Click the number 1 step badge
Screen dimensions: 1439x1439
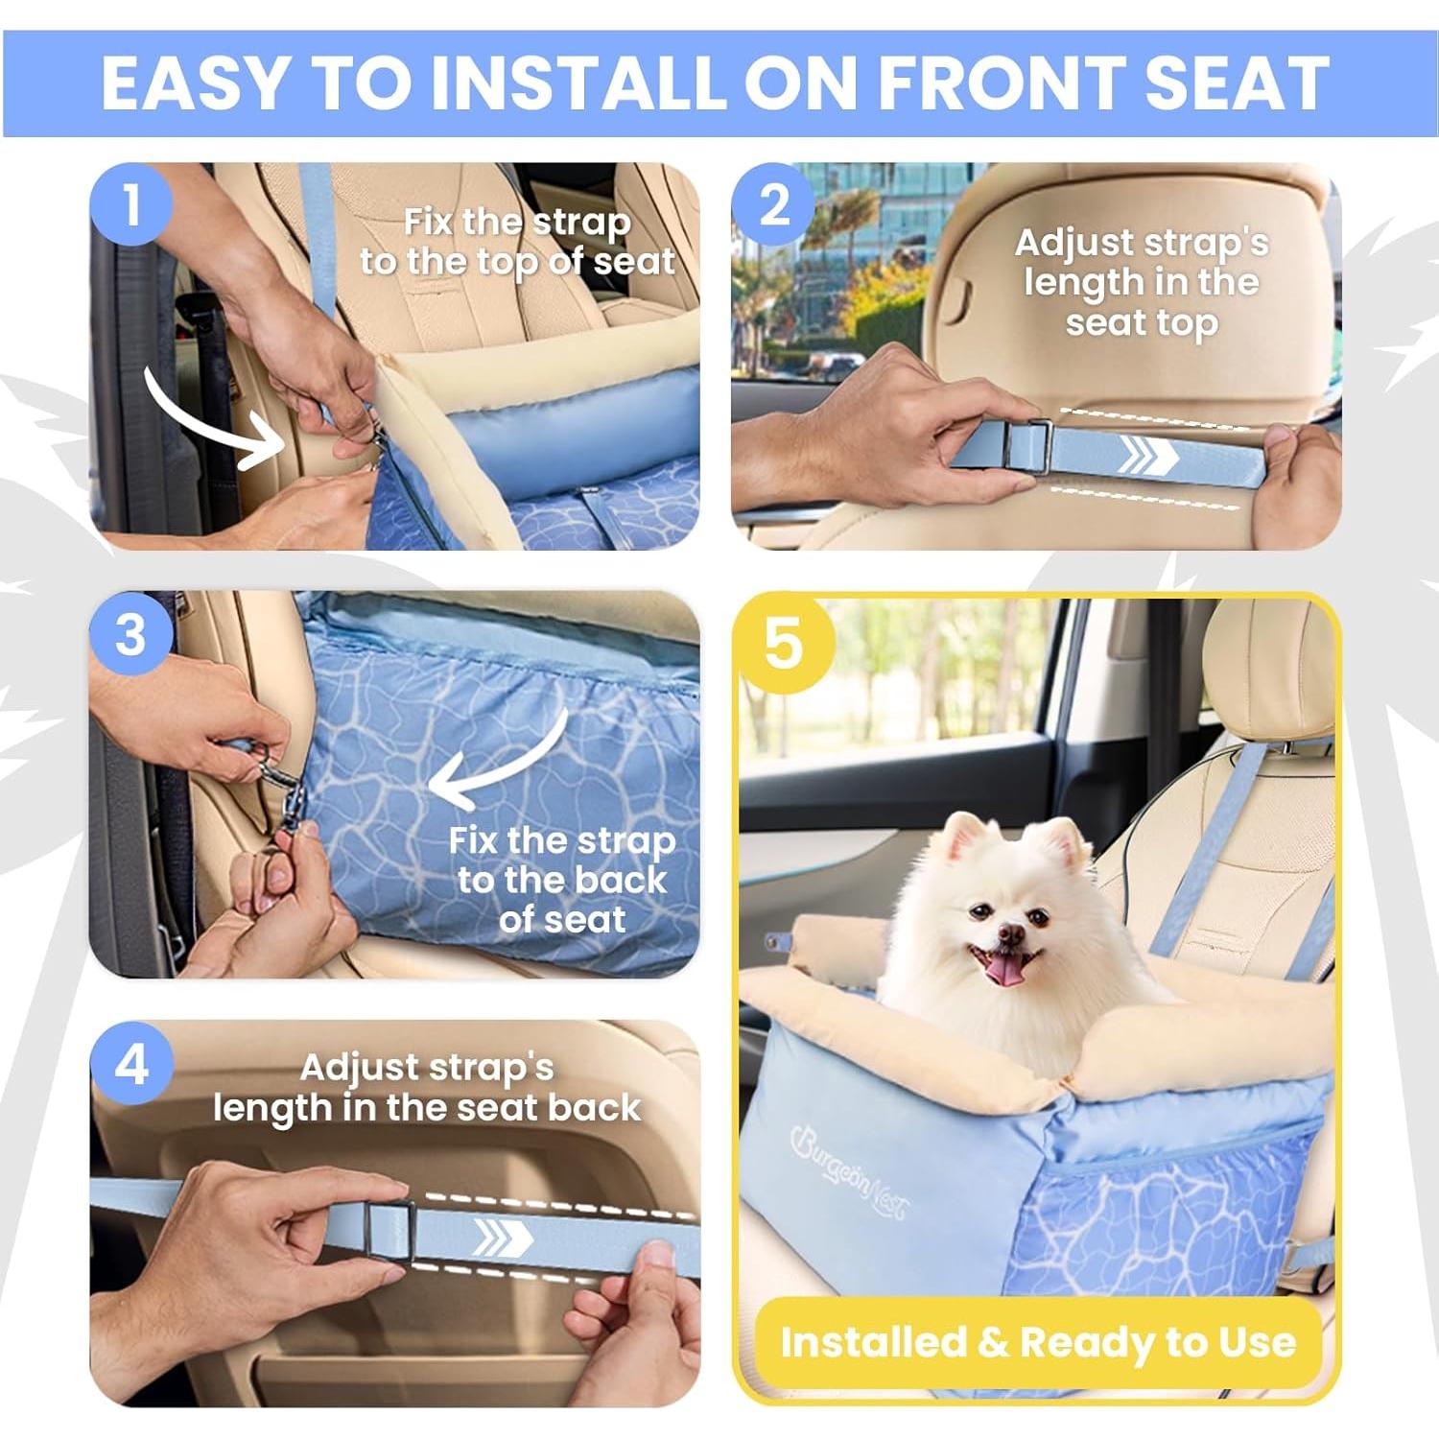click(x=131, y=204)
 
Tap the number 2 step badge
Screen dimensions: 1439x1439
click(x=773, y=204)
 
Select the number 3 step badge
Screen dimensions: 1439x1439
click(x=131, y=634)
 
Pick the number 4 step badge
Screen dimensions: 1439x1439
click(x=131, y=1064)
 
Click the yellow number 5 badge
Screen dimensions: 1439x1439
click(x=783, y=643)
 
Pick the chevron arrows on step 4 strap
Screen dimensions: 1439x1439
click(x=504, y=1238)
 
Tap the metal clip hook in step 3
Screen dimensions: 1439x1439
click(x=288, y=801)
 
